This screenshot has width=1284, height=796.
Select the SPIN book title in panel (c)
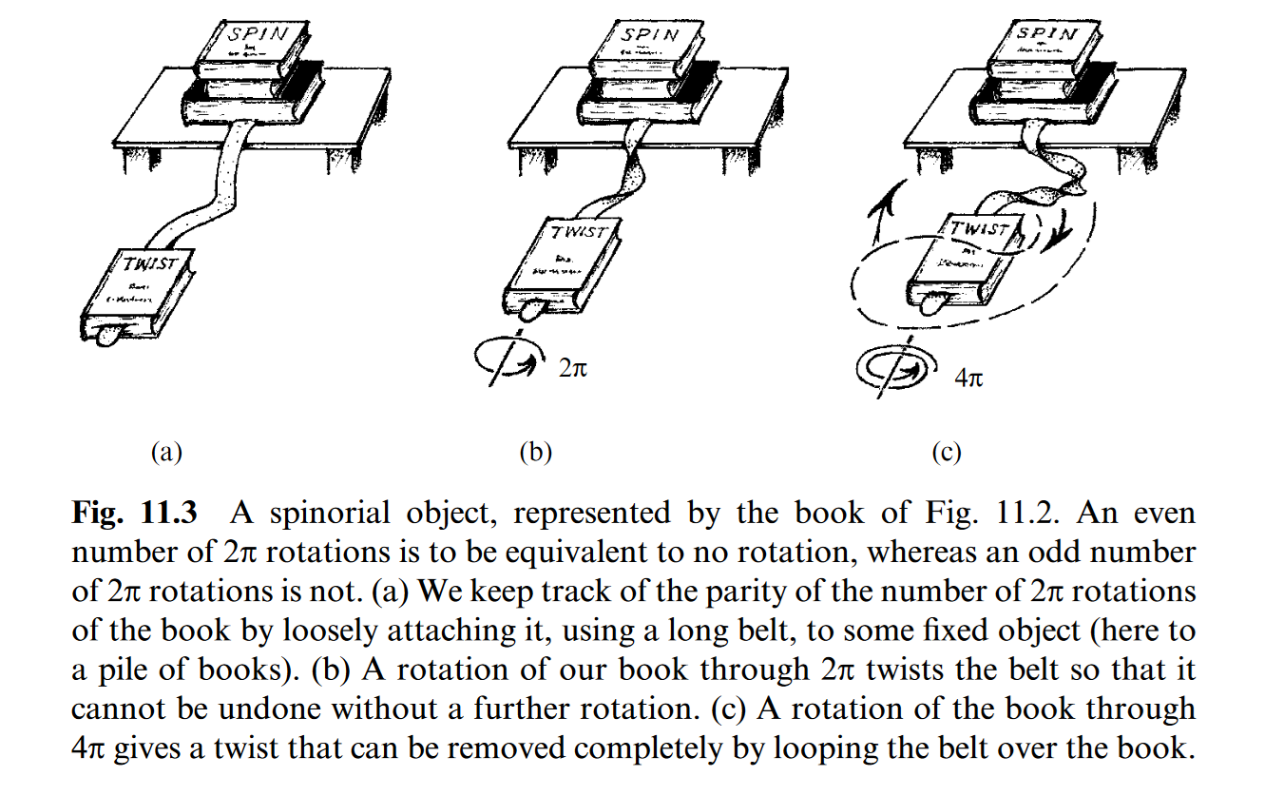[x=1046, y=35]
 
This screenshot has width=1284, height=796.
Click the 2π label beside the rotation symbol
[x=573, y=366]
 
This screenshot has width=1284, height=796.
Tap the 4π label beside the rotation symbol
[x=968, y=378]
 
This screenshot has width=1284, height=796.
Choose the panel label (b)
[x=535, y=452]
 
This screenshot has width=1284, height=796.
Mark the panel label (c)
[x=946, y=452]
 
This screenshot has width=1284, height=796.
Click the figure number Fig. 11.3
[x=135, y=514]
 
